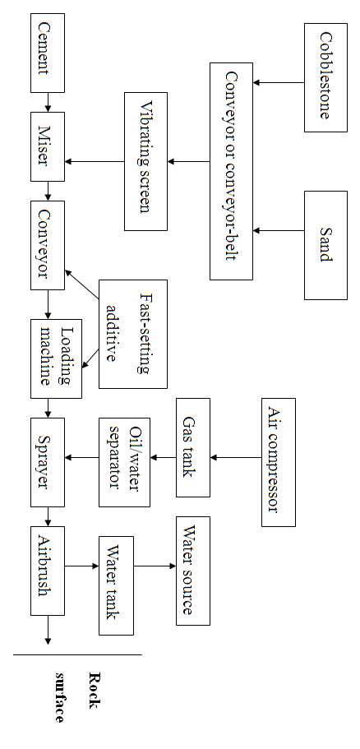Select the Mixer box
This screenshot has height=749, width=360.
(x=48, y=146)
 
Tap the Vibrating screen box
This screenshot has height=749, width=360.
(x=146, y=161)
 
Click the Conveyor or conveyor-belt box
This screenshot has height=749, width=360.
(x=231, y=170)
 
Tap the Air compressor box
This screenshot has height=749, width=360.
(x=279, y=462)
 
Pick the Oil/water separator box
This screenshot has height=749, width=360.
(x=123, y=462)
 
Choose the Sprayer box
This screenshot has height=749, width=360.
(x=48, y=462)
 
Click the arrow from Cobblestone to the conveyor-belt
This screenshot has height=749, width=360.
(x=279, y=82)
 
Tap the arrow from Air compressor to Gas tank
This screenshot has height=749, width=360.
(x=236, y=457)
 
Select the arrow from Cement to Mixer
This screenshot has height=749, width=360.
(x=48, y=101)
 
